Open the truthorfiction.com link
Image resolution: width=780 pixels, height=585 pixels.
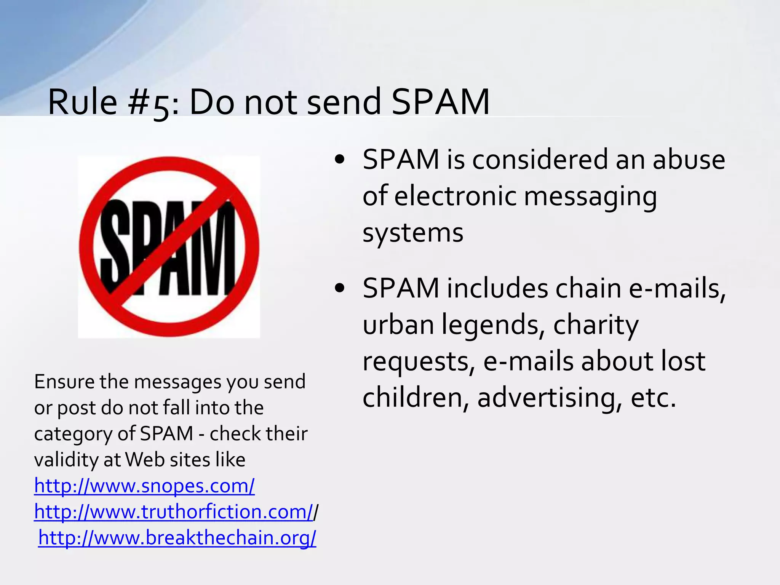pyautogui.click(x=173, y=511)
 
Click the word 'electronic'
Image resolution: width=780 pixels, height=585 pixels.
pyautogui.click(x=455, y=196)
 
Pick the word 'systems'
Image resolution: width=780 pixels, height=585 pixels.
pyautogui.click(x=413, y=232)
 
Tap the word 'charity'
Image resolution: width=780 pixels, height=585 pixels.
pyautogui.click(x=596, y=325)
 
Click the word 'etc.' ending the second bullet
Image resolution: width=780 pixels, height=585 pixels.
pyautogui.click(x=654, y=398)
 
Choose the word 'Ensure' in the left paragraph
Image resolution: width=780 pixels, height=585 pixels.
pyautogui.click(x=64, y=381)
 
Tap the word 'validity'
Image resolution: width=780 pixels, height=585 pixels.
pyautogui.click(x=66, y=460)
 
